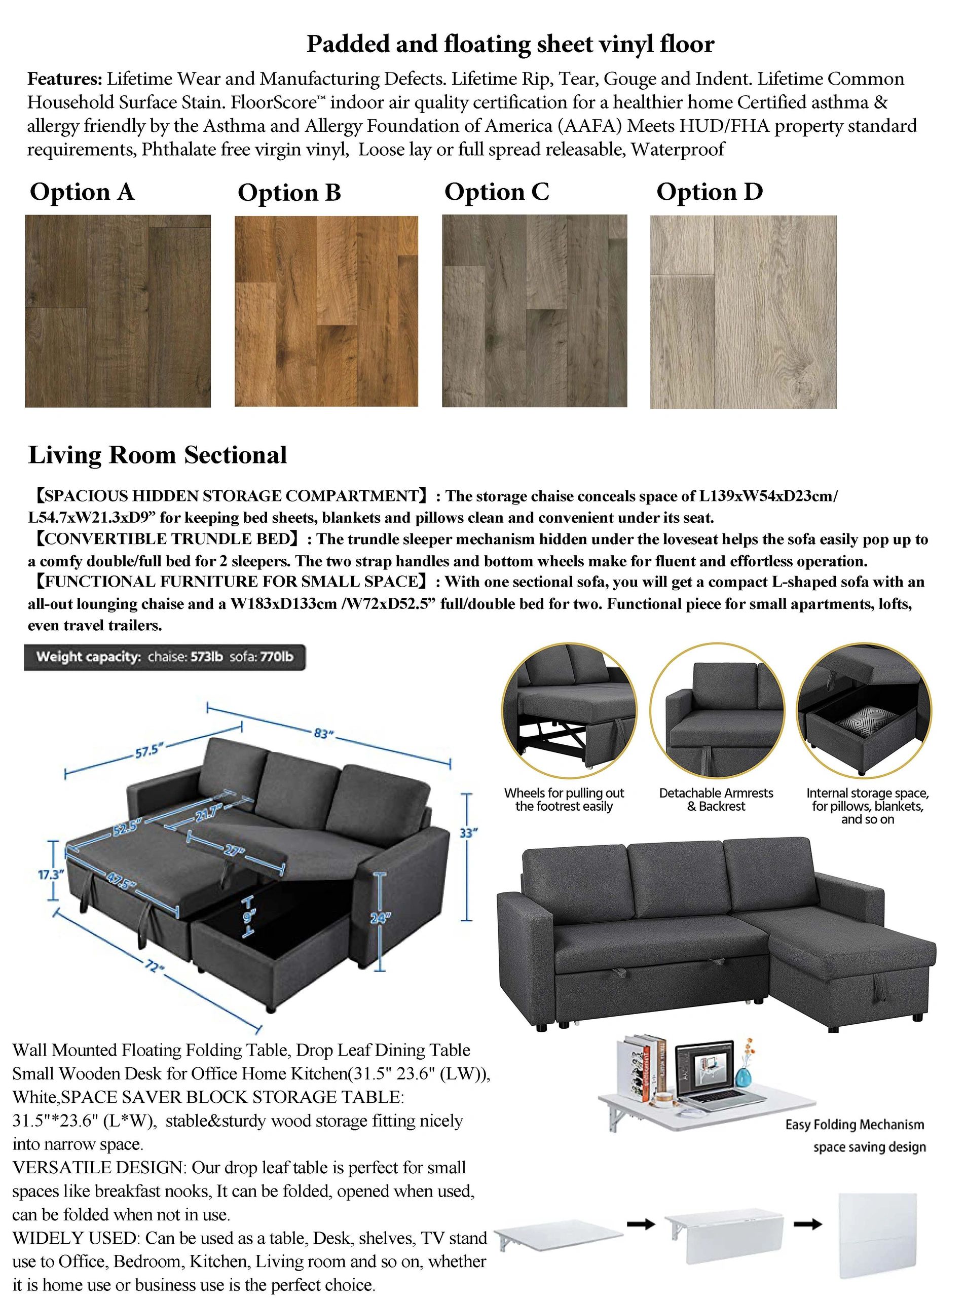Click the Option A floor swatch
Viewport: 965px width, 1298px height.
118,310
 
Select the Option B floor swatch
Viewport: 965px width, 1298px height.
326,311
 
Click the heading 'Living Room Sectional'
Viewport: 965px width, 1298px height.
157,455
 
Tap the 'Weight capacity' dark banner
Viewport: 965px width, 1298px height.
164,657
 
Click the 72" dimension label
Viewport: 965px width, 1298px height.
154,967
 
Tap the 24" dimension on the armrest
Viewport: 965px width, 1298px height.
379,918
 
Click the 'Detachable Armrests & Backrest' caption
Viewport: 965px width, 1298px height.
716,800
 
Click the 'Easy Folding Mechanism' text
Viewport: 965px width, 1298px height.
855,1125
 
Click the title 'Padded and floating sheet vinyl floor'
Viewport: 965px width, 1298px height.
510,44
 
